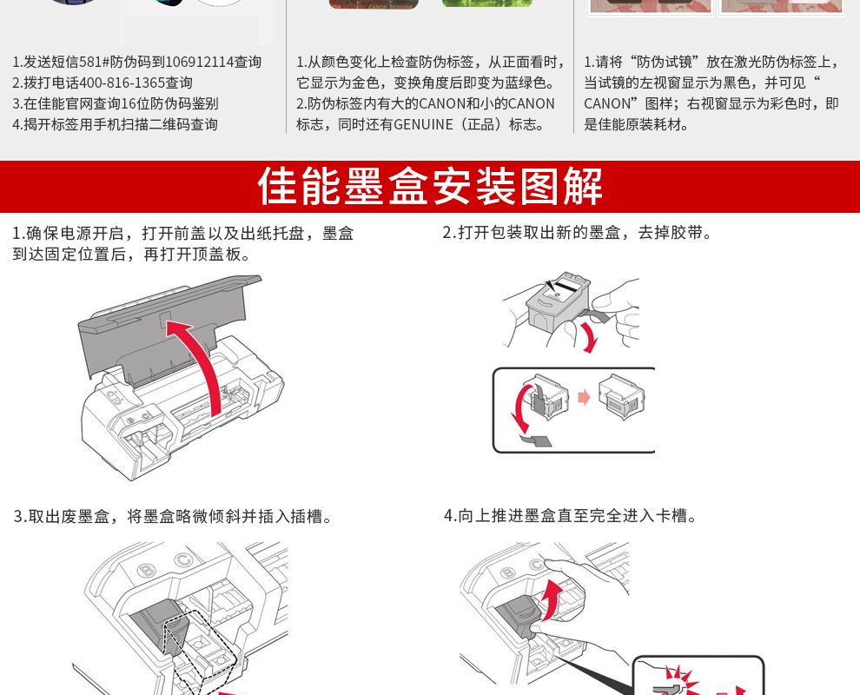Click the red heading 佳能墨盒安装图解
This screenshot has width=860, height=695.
pos(430,187)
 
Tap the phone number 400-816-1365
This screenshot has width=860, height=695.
pos(122,83)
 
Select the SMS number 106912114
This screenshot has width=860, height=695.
pos(200,62)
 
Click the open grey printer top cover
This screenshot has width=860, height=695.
pos(164,324)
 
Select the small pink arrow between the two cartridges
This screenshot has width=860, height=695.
pos(584,397)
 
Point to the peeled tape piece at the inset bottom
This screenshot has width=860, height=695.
pos(536,440)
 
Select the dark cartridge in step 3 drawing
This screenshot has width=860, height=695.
pos(160,629)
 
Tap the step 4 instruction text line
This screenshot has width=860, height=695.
pos(571,516)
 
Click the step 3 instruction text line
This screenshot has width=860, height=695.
pos(174,517)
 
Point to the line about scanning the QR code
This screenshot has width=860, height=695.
pos(116,124)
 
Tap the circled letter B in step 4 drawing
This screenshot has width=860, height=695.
pos(508,574)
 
